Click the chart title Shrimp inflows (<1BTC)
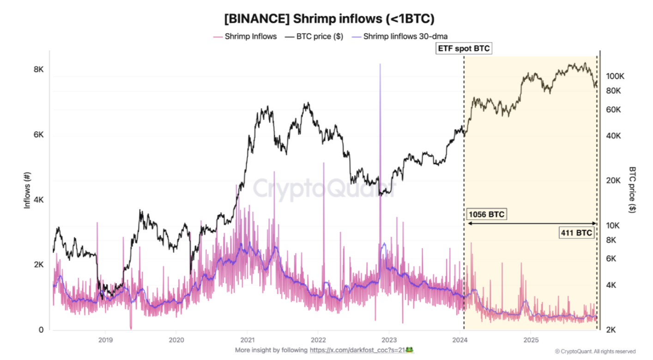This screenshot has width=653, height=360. [x=329, y=19]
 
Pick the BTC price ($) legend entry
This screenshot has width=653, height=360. [x=314, y=37]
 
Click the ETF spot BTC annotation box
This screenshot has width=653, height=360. [x=464, y=48]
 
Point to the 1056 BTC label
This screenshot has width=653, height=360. [x=486, y=214]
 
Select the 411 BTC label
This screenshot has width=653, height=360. [x=577, y=233]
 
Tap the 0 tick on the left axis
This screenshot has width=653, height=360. [x=41, y=330]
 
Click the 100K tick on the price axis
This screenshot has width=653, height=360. [x=615, y=76]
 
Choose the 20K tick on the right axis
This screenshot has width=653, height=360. [x=613, y=180]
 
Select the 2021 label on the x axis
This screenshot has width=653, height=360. [x=247, y=339]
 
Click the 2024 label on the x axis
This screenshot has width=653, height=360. [x=460, y=339]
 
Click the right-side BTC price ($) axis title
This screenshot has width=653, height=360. [x=632, y=189]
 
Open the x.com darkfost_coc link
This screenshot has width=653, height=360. [x=357, y=350]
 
